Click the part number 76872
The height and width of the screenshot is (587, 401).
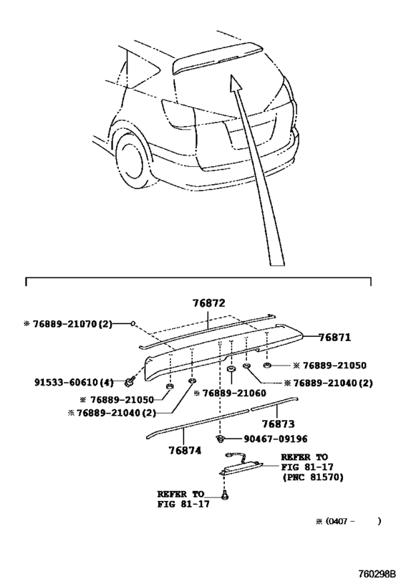209,303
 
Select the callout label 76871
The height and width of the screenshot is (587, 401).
335,338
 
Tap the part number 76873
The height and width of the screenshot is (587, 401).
278,424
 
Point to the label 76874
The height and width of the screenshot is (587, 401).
185,451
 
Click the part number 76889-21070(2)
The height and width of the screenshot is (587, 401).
72,324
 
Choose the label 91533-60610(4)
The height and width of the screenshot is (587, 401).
74,382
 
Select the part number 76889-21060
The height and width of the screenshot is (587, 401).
234,393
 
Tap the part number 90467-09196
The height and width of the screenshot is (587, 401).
276,439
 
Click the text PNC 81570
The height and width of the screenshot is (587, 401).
314,477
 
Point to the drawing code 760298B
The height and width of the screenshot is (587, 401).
377,574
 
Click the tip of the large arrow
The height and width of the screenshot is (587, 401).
231,75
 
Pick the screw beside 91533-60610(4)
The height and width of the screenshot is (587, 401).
130,382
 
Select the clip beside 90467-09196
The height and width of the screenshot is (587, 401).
220,439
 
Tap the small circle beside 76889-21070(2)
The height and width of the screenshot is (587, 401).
132,323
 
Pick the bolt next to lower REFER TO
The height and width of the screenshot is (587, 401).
225,495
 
